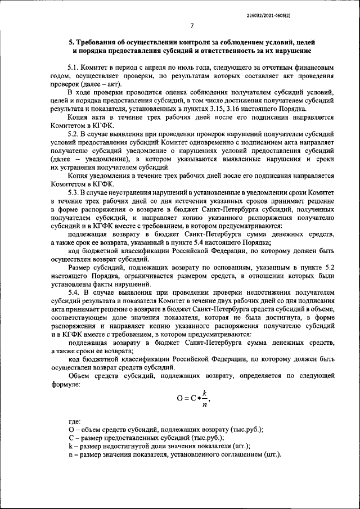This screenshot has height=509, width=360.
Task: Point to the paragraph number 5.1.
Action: point(74,67)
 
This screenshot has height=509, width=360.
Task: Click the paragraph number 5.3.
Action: point(74,192)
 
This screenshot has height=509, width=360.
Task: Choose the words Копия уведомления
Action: point(100,175)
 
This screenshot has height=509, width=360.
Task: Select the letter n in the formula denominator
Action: point(205,404)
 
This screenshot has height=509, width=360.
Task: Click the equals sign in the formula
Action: point(187,399)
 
